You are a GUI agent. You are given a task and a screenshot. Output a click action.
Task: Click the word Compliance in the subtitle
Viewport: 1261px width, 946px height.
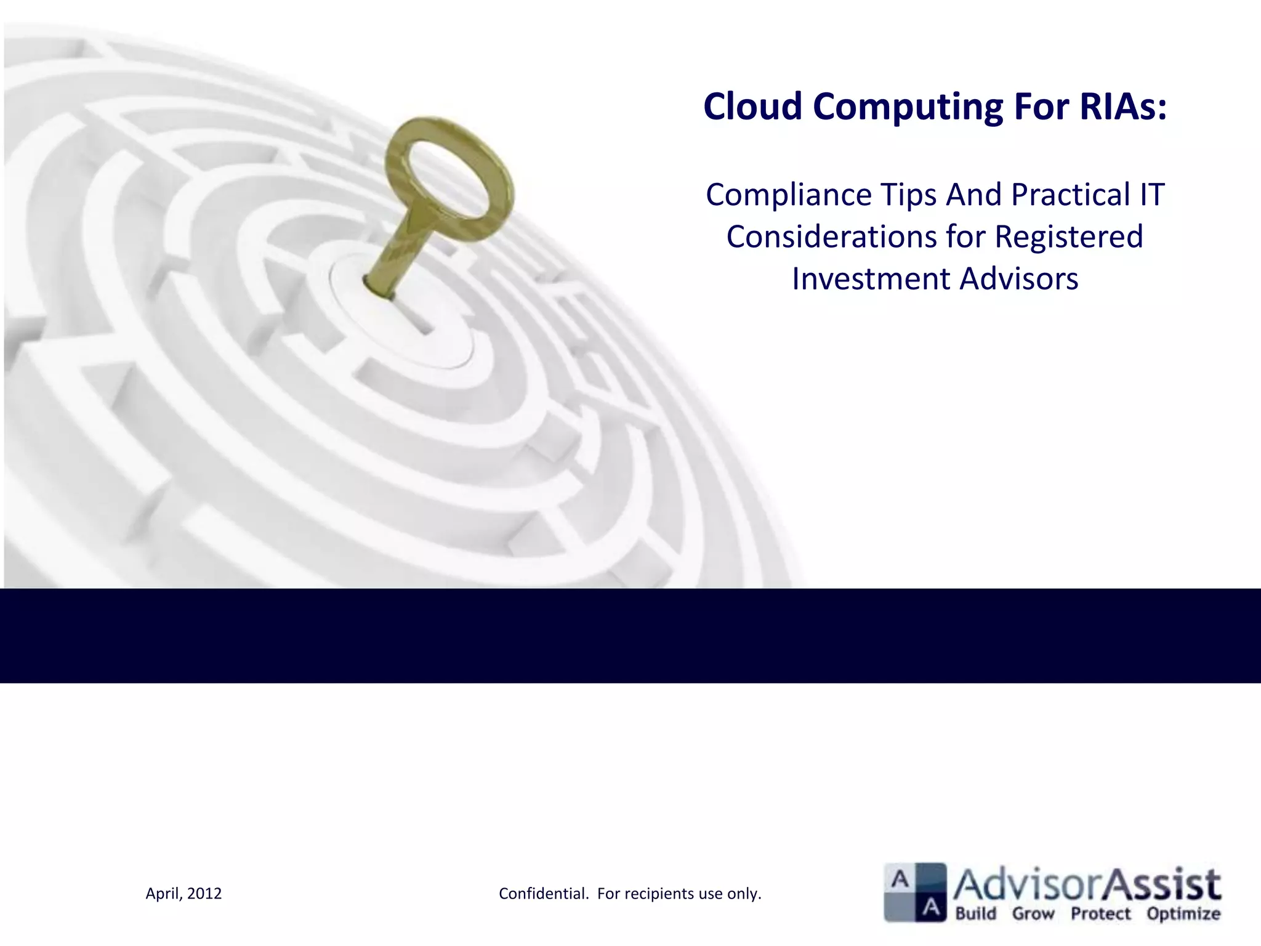tap(788, 195)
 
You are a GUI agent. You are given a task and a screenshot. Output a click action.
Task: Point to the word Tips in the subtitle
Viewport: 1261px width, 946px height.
tap(908, 195)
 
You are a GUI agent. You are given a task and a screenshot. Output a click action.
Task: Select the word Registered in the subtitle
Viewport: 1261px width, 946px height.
tap(1069, 237)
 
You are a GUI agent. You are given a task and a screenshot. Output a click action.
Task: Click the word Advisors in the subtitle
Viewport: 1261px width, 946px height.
tap(1019, 279)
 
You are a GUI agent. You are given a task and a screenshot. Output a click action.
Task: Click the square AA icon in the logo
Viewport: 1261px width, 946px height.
tap(915, 892)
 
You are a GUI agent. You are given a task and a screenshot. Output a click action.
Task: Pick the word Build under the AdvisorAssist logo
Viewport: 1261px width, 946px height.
tap(976, 913)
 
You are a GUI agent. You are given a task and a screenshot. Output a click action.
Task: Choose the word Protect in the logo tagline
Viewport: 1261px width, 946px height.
tap(1101, 913)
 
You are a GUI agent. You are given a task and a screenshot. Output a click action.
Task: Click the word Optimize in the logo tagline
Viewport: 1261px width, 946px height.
tap(1183, 913)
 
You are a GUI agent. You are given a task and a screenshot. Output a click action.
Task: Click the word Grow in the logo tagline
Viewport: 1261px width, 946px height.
tap(1033, 913)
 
